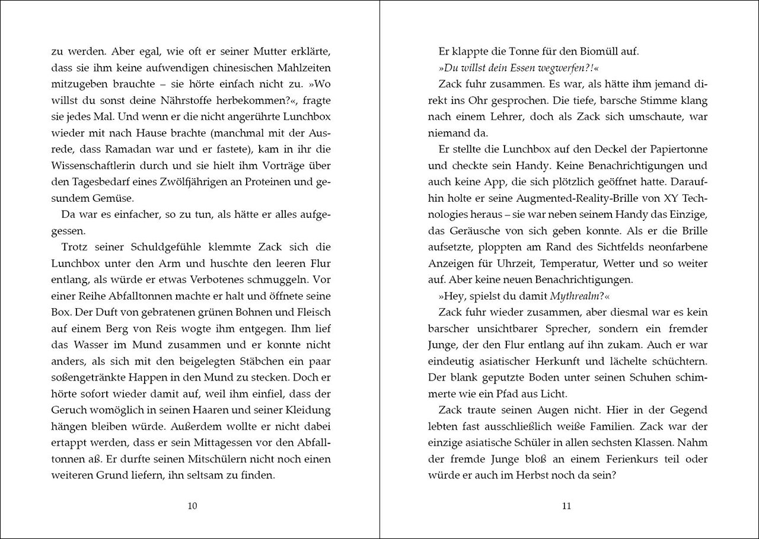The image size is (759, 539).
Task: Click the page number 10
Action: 192,506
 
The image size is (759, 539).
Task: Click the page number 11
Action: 566,506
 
